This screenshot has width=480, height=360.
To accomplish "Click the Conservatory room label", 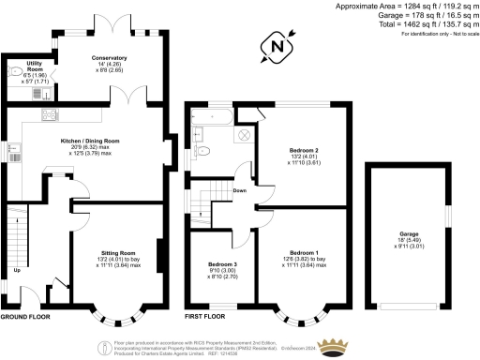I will click(109, 57).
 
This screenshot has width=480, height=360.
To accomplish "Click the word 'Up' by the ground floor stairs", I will click(15, 273).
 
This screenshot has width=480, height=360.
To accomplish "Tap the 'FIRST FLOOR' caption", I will click(205, 317).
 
